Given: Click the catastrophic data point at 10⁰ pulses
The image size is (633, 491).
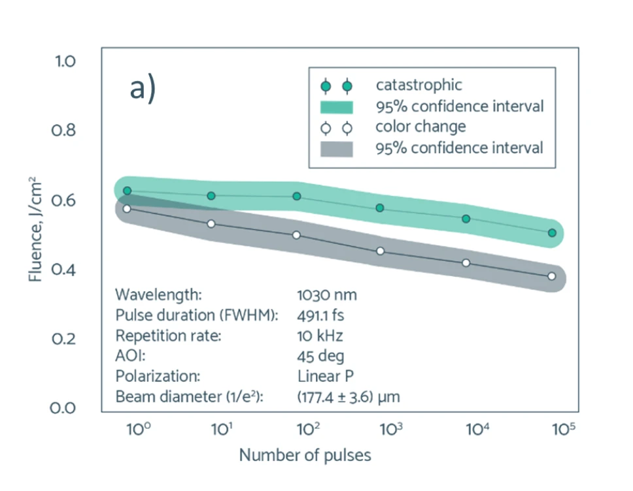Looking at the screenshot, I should pyautogui.click(x=127, y=191).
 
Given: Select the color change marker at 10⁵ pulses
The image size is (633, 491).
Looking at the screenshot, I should pyautogui.click(x=552, y=276).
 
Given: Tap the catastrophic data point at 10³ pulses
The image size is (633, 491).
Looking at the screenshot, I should pyautogui.click(x=380, y=208).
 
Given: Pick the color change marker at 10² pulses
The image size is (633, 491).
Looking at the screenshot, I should pyautogui.click(x=296, y=235).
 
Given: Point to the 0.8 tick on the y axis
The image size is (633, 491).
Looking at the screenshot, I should pyautogui.click(x=64, y=131).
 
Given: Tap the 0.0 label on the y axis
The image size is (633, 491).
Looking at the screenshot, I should pyautogui.click(x=64, y=408).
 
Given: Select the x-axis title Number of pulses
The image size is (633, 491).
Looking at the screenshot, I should pyautogui.click(x=305, y=455).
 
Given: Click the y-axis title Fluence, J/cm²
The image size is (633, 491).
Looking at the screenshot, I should pyautogui.click(x=37, y=229).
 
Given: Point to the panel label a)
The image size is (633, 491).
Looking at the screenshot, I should pyautogui.click(x=143, y=89).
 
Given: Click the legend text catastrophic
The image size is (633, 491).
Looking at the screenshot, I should pyautogui.click(x=419, y=85).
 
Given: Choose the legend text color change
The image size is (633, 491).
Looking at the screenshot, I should pyautogui.click(x=420, y=127).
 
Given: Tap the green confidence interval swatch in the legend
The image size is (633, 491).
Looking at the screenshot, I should pyautogui.click(x=337, y=106).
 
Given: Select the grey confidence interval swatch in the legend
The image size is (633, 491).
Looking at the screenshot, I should pyautogui.click(x=337, y=148).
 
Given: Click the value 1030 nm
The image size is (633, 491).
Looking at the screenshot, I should pyautogui.click(x=327, y=294).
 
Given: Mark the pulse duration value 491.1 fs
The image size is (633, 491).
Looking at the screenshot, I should pyautogui.click(x=320, y=315).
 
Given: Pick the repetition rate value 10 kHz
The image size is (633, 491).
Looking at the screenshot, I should pyautogui.click(x=320, y=336).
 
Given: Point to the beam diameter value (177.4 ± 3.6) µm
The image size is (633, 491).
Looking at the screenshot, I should pyautogui.click(x=348, y=396).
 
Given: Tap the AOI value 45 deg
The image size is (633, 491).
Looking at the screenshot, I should pyautogui.click(x=320, y=356).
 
